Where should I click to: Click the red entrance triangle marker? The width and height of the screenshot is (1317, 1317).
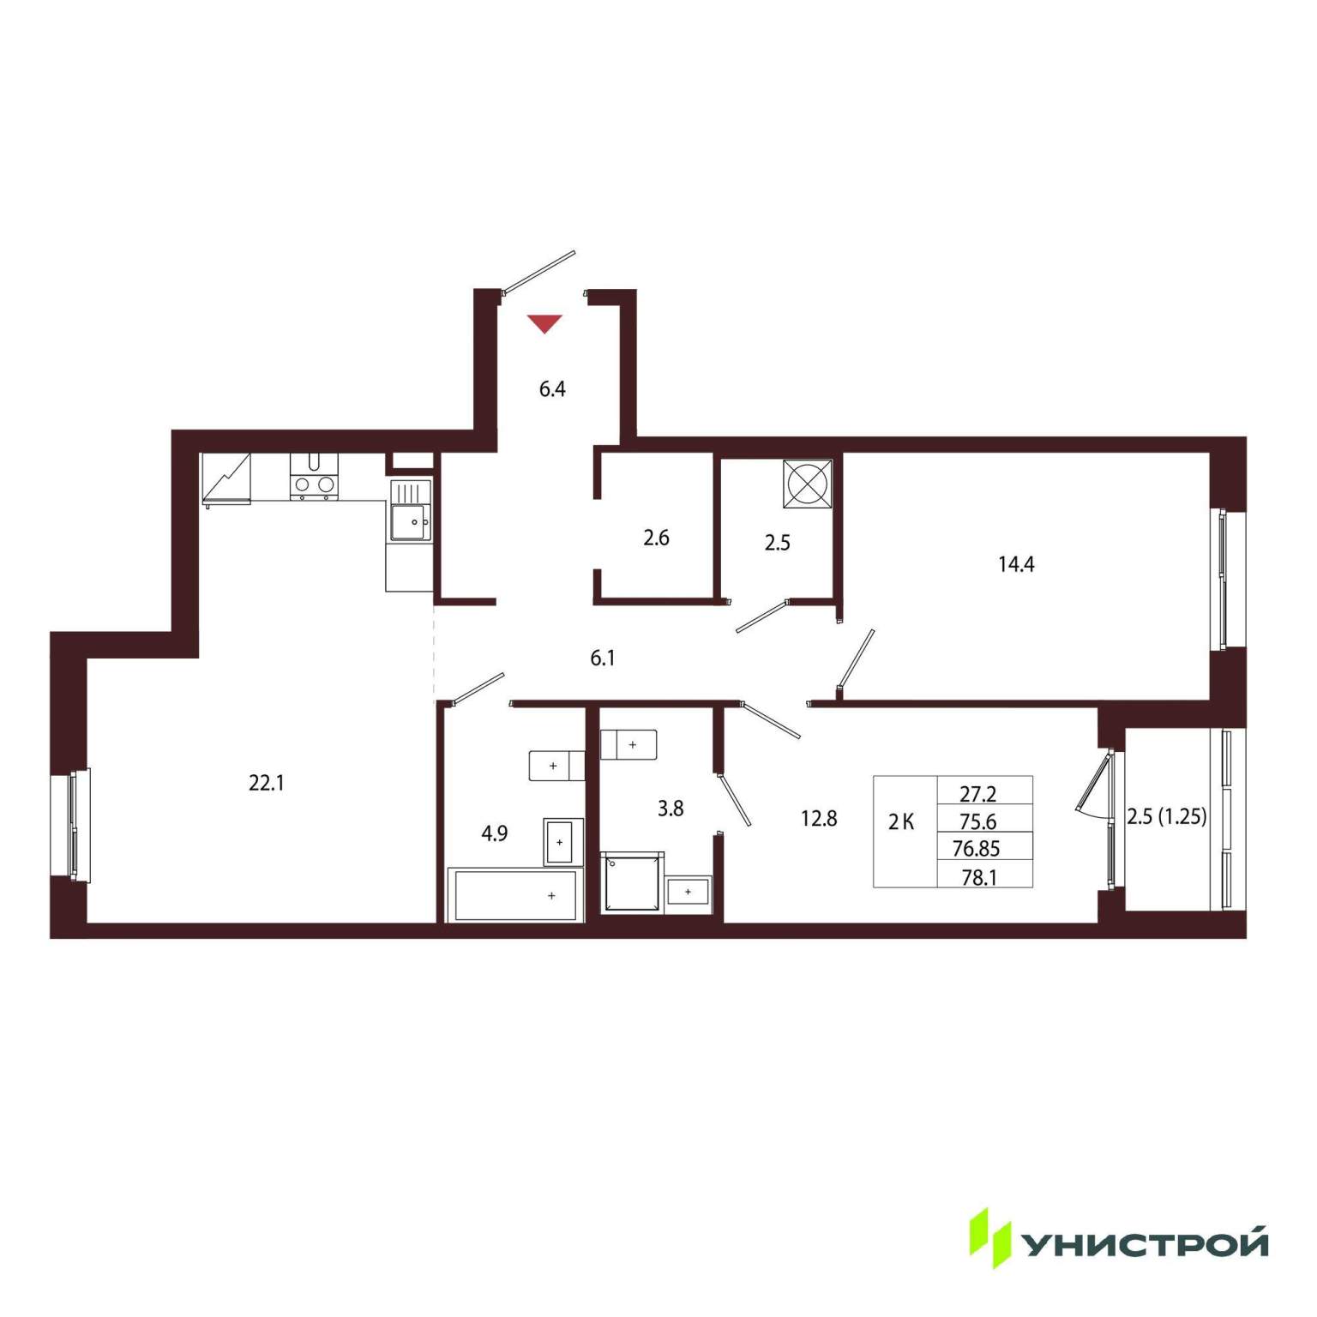544,323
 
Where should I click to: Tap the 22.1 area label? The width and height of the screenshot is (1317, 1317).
266,783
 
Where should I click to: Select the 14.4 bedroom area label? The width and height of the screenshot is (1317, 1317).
1016,564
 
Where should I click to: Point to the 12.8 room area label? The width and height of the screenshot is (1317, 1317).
819,819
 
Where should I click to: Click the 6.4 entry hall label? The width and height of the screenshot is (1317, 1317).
552,389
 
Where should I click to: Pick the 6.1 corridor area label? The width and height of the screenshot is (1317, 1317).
603,658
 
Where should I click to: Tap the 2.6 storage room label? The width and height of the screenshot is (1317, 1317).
656,538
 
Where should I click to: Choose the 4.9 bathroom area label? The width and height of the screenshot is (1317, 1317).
495,833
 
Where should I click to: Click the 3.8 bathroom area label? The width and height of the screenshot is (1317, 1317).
671,808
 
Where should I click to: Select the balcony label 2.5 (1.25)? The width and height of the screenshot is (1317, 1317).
1167,816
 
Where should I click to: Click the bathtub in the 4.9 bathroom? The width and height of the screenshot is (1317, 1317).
514,895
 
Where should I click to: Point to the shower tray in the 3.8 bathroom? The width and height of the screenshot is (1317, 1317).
632,881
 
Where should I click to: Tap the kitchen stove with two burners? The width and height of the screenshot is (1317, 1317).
314,476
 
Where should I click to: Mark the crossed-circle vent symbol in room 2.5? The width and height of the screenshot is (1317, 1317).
807,484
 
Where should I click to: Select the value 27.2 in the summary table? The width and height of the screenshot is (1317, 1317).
977,794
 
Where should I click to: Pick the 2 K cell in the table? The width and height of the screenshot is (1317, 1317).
901,822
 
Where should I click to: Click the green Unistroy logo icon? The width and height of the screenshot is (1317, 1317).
989,1238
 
